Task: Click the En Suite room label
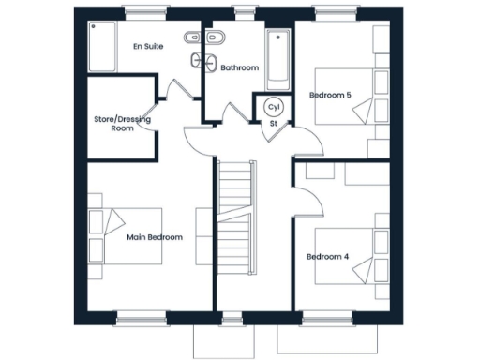pos(146,46)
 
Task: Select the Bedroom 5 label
pos(330,95)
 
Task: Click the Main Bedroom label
pos(156,237)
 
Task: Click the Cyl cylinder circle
pos(274,106)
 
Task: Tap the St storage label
pos(274,123)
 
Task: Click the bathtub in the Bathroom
pos(278,57)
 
